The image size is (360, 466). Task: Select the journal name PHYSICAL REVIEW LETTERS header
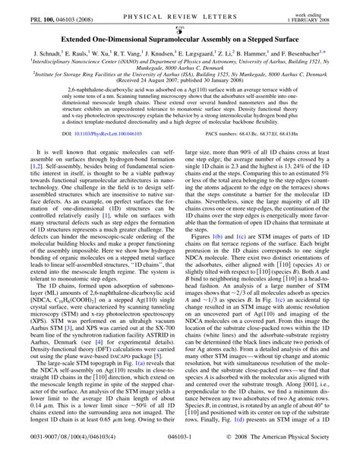click(x=180, y=8)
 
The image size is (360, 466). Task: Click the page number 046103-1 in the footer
click(x=180, y=458)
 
